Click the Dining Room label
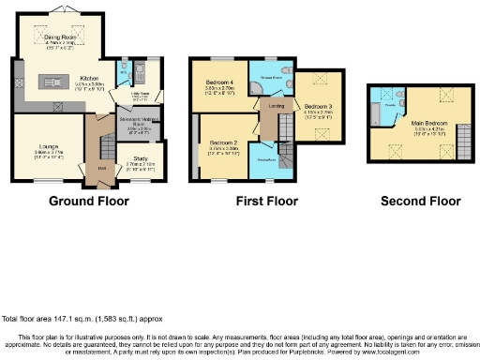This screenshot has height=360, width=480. click(59, 38)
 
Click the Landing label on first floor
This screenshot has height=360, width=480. click(276, 106)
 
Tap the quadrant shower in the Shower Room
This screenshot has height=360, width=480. click(258, 86)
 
